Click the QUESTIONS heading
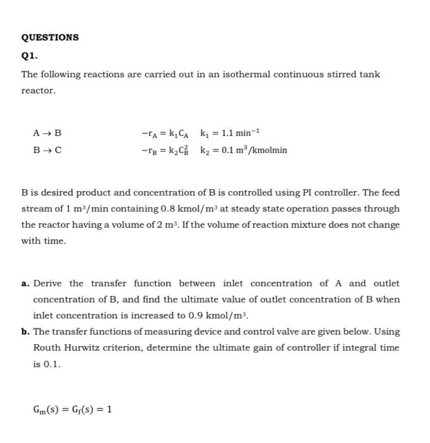50,37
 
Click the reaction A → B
47,134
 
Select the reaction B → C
47,150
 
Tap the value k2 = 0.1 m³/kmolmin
243,150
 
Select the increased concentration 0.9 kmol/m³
212,315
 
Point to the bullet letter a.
25,284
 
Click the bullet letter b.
25,332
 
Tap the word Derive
48,284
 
